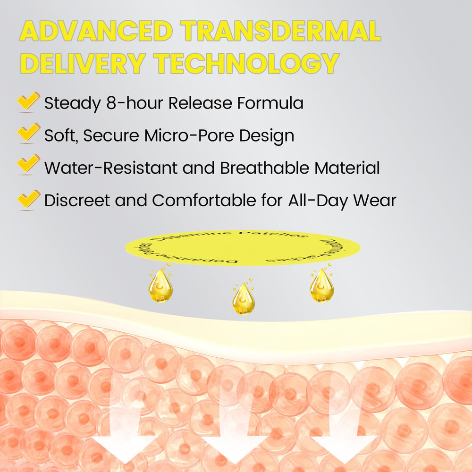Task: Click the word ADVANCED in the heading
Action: click(x=96, y=31)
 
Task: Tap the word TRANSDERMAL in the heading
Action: click(x=281, y=31)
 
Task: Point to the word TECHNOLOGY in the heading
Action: click(x=246, y=63)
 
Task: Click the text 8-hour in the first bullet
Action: click(x=135, y=103)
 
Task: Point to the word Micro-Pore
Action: click(x=189, y=135)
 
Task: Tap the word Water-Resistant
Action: click(x=111, y=168)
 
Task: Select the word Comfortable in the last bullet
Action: click(x=204, y=200)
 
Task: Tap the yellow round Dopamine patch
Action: click(x=242, y=248)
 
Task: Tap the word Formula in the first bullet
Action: click(x=270, y=103)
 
